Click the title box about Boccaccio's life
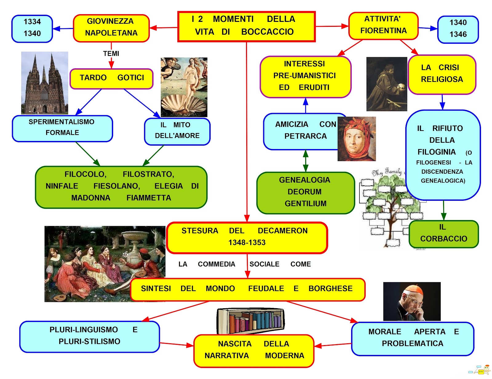tap(246, 26)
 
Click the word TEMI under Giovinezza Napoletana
tap(111, 54)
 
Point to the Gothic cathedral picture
tap(44, 83)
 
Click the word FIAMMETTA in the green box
tap(149, 198)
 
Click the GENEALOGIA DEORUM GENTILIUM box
tap(305, 192)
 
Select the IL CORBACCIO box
tap(443, 234)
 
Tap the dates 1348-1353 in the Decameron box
tap(247, 243)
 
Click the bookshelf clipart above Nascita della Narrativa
tap(251, 321)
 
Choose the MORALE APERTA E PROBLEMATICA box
tap(412, 338)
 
